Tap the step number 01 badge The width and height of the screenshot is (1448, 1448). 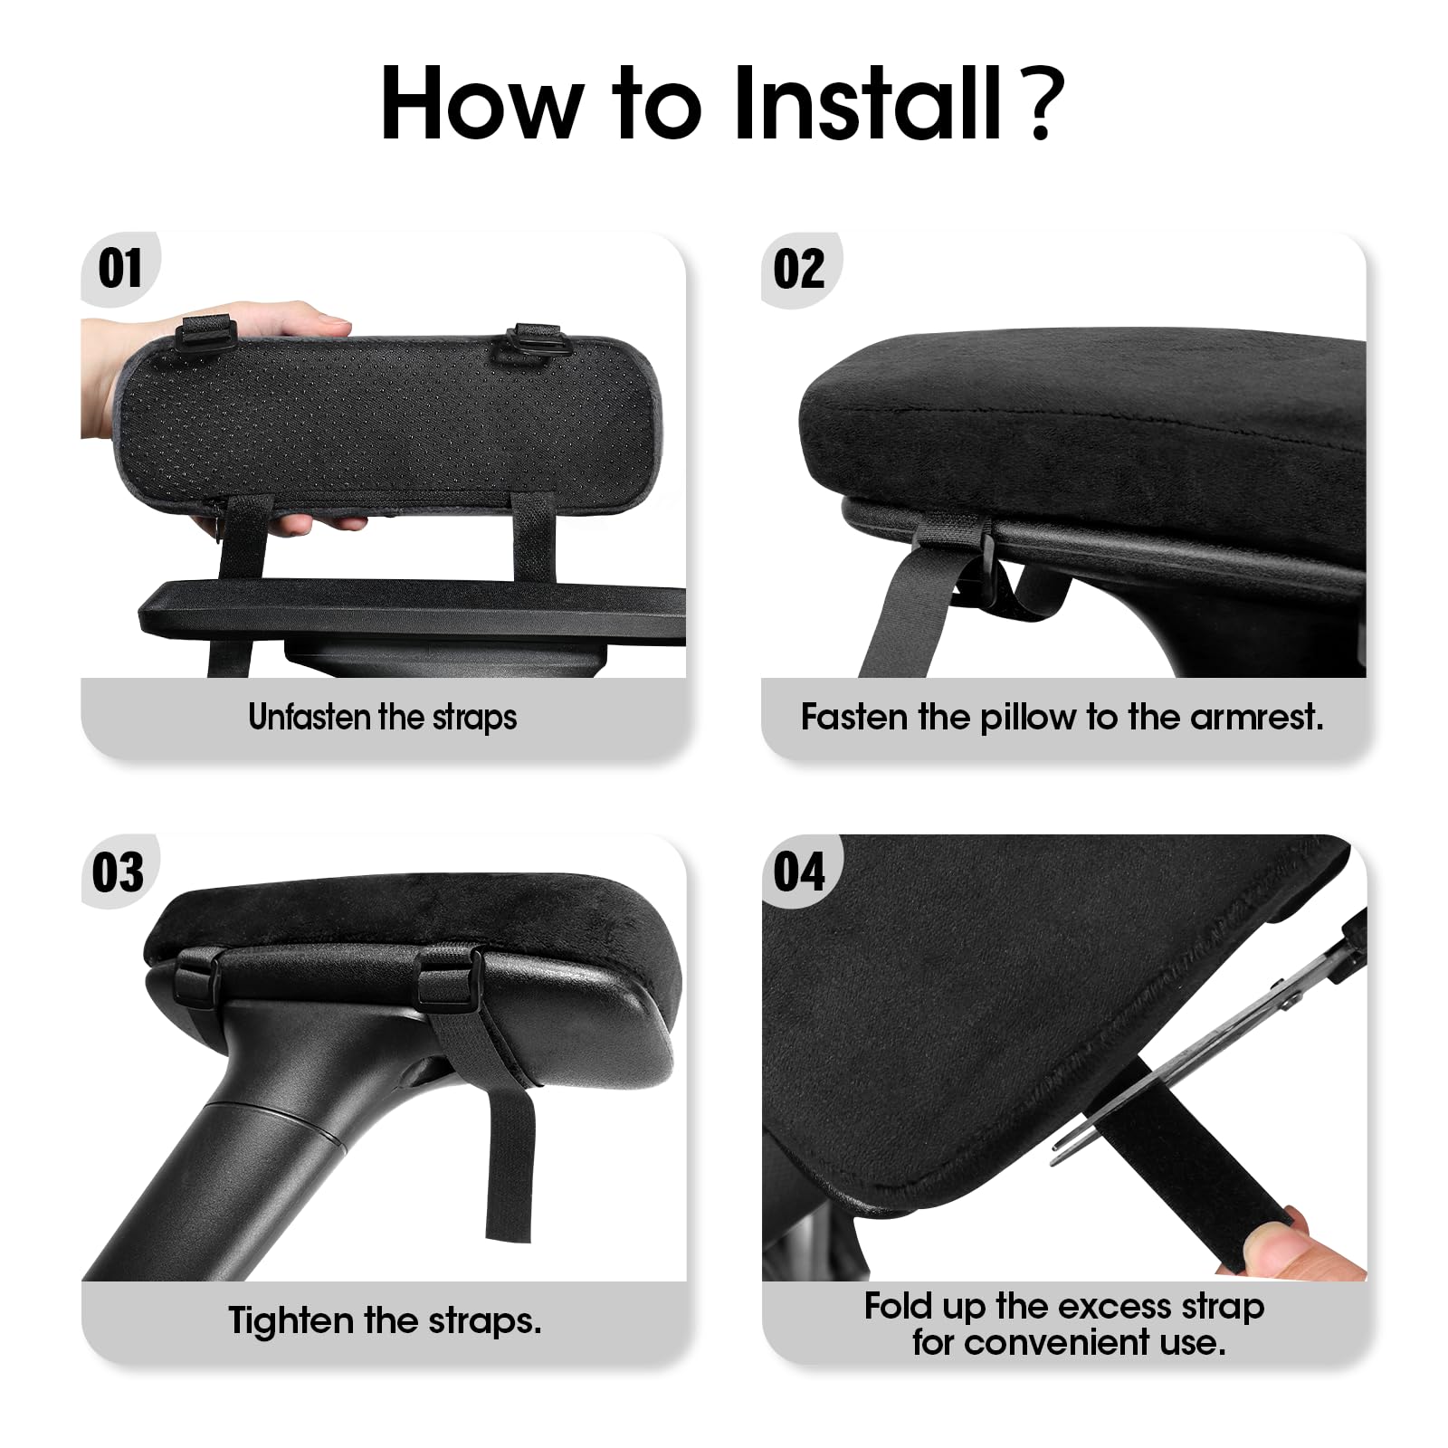[120, 269]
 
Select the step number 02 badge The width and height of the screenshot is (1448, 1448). [799, 269]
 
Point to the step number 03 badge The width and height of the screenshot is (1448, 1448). [119, 872]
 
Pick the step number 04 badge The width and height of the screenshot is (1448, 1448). [799, 872]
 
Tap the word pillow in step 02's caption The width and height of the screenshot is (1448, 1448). [1030, 717]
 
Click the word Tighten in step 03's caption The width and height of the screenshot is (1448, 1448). [291, 1320]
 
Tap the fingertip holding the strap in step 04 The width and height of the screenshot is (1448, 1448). [1285, 1244]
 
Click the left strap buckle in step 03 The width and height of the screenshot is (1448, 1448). [195, 980]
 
